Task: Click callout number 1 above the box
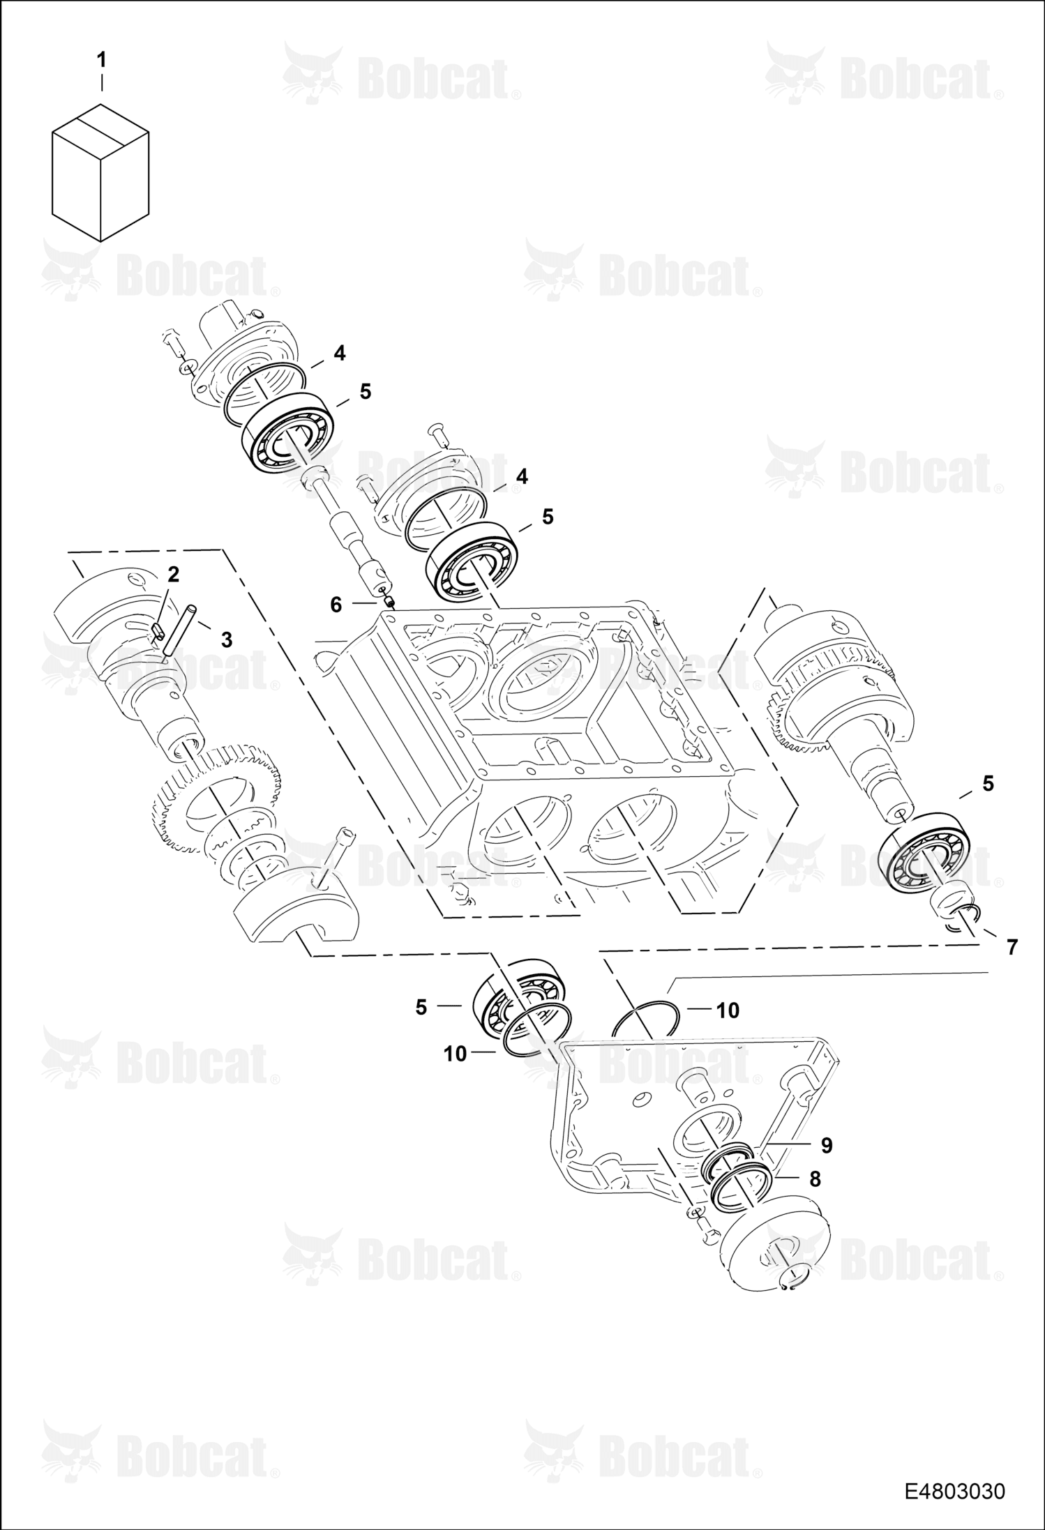point(102,61)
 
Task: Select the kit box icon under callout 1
point(101,172)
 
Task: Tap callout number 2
point(173,574)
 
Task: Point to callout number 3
point(226,639)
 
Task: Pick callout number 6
point(336,605)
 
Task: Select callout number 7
point(1012,946)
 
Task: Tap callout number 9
point(827,1144)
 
